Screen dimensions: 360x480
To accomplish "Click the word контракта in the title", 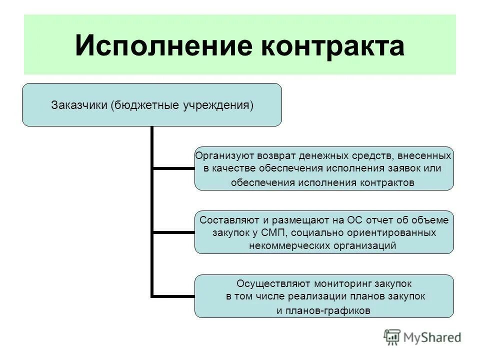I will [325, 46].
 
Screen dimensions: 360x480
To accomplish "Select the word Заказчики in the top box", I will [79, 105].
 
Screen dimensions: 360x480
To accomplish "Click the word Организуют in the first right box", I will [218, 156].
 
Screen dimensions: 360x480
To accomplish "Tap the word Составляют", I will [225, 220].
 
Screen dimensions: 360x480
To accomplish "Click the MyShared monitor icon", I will [392, 337].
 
